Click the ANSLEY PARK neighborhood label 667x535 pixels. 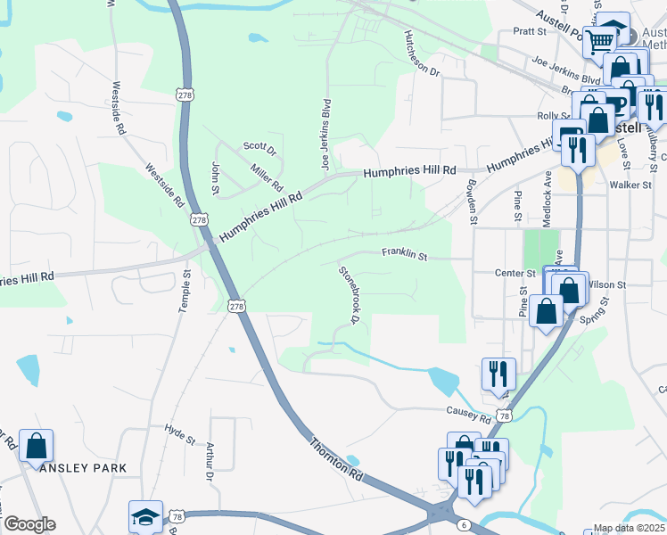[83, 467]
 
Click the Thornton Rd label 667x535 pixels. [336, 459]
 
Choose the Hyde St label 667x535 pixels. [180, 434]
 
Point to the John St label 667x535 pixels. [215, 177]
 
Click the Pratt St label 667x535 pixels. [529, 31]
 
